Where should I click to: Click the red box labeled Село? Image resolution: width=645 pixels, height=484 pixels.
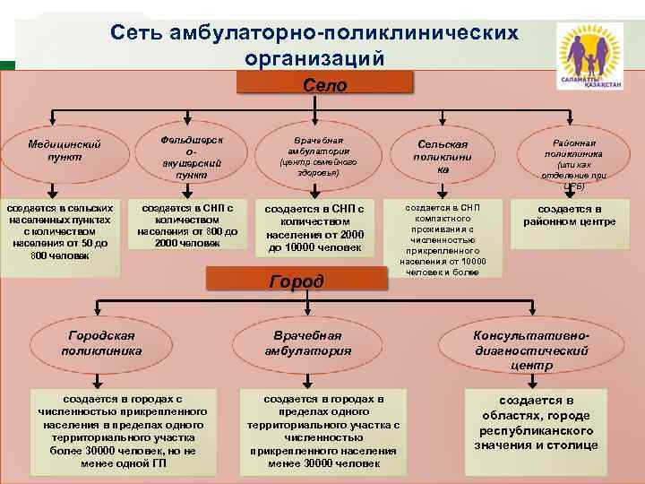tap(325, 86)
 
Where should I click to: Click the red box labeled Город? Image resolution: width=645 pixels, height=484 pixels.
tap(297, 281)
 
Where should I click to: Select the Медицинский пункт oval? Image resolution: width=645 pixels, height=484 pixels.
tap(64, 150)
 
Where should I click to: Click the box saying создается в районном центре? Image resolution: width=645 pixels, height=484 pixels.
tap(563, 215)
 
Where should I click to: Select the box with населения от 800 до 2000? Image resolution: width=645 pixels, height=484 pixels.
tap(187, 225)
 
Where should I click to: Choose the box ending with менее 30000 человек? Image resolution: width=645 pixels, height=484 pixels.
tap(320, 429)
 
